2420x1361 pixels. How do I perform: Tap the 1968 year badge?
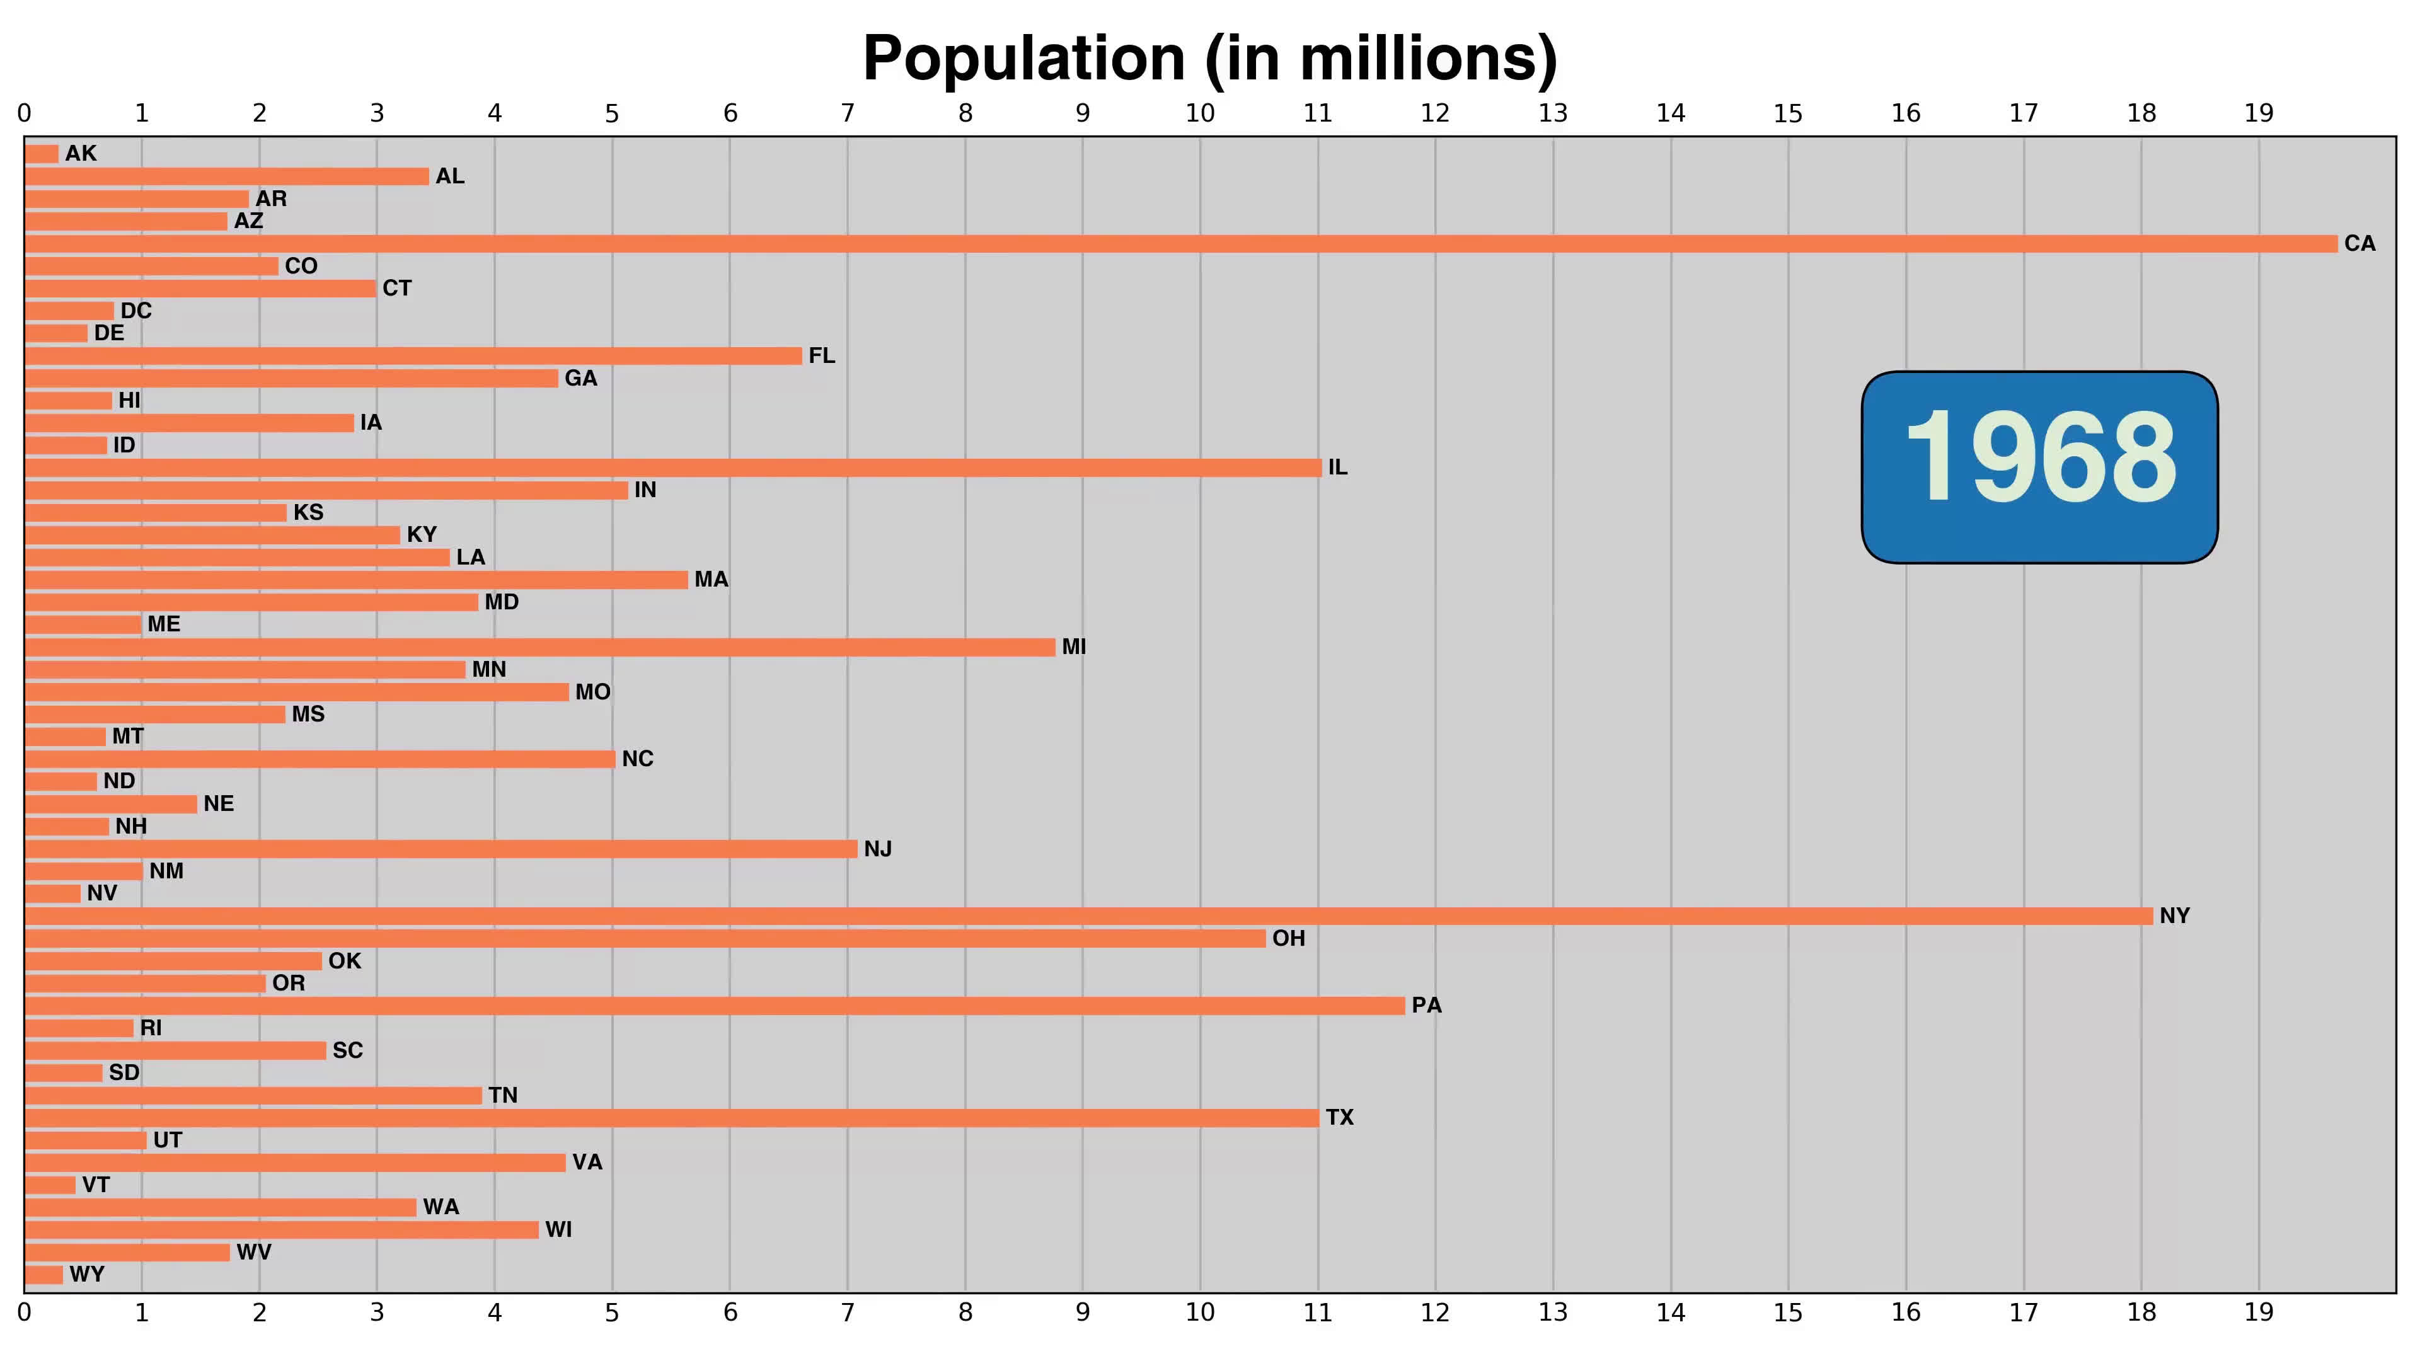[x=2039, y=467]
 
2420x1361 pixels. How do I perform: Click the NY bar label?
[x=2174, y=916]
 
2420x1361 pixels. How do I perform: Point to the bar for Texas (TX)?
[x=672, y=1118]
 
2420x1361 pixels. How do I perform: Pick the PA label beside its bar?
[x=1426, y=1005]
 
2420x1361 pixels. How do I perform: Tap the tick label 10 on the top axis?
[x=1200, y=113]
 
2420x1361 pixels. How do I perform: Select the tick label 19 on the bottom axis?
[x=2259, y=1312]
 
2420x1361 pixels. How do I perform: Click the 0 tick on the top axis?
[x=25, y=113]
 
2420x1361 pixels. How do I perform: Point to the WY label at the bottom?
[x=86, y=1275]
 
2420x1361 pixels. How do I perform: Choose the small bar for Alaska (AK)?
[x=42, y=154]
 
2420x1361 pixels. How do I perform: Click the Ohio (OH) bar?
[x=645, y=938]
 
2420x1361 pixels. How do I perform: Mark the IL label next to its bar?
[x=1338, y=468]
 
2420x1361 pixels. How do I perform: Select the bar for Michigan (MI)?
[x=540, y=647]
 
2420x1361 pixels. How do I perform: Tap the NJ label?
[x=877, y=849]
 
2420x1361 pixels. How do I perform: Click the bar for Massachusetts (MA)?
[x=357, y=580]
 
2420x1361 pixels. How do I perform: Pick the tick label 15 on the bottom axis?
[x=1788, y=1312]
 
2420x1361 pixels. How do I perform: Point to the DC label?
[x=135, y=311]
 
